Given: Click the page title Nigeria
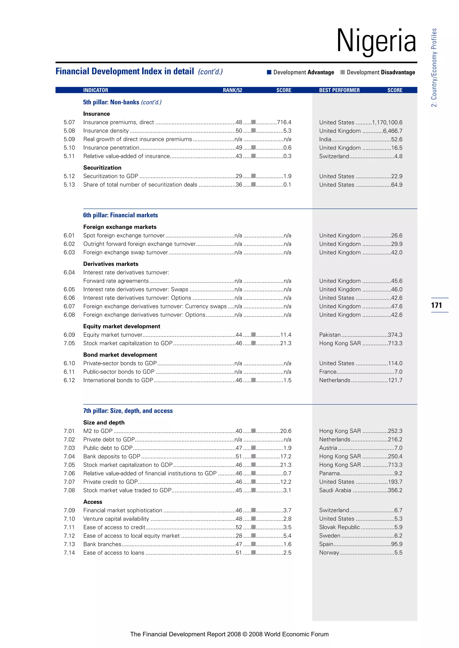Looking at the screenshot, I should (376, 41).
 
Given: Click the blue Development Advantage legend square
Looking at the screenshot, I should (269, 72).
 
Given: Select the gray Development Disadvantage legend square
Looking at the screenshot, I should (342, 72).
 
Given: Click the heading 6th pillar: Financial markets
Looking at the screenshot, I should (120, 215).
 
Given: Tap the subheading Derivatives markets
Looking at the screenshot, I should (111, 264).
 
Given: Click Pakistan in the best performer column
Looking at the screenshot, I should (330, 335).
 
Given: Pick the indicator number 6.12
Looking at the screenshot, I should (69, 380).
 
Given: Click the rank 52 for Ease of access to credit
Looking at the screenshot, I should (239, 527).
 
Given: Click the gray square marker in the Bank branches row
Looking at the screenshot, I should (253, 544).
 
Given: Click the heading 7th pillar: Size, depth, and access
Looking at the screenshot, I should (128, 411).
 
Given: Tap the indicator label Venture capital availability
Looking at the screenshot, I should (116, 519).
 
